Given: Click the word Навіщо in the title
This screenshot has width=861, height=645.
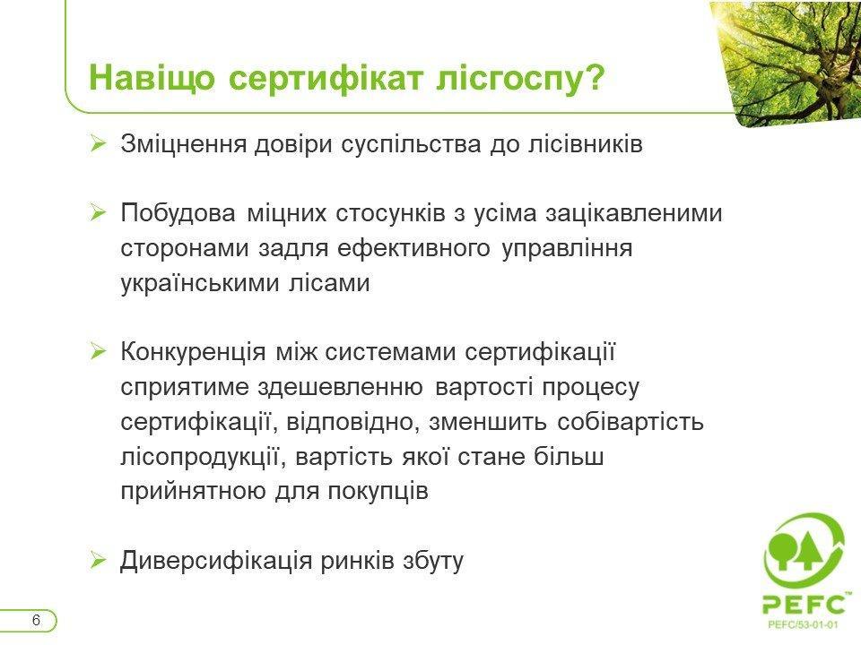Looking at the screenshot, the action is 152,78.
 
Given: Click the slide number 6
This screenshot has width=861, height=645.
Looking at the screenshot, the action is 36,620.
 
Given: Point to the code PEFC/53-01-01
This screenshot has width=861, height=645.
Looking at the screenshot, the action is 803,624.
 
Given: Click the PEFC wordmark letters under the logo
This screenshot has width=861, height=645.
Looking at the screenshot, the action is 804,603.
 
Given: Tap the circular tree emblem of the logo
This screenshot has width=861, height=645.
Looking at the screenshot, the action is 804,551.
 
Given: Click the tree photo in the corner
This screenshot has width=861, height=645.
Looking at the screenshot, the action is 791,60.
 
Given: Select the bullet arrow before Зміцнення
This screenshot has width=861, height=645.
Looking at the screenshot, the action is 98,144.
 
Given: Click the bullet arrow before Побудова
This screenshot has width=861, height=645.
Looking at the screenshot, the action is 98,213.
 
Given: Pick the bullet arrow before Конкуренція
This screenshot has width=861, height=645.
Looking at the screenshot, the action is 98,351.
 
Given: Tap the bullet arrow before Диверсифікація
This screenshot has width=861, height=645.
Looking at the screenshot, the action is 98,561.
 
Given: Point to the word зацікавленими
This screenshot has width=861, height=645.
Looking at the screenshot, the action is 634,213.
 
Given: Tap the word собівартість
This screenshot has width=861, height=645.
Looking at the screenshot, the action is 631,422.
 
